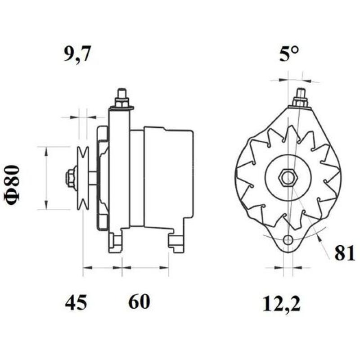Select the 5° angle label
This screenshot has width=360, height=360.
(x=288, y=55)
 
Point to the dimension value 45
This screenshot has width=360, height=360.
(x=76, y=302)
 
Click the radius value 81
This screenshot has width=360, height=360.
(x=344, y=253)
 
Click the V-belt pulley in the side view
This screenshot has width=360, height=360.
(x=82, y=178)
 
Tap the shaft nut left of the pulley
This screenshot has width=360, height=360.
(x=71, y=178)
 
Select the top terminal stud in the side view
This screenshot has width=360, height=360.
(x=121, y=99)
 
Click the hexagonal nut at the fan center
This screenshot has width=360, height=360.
(x=287, y=178)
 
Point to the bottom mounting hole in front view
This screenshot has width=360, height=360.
(x=289, y=239)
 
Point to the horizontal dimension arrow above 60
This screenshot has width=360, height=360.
(x=145, y=268)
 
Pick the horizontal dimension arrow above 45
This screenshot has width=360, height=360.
(x=103, y=268)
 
